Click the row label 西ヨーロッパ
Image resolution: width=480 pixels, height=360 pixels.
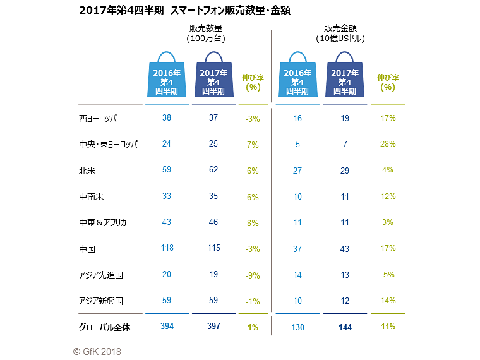pyautogui.click(x=98, y=118)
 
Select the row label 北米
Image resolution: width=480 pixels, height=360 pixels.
pyautogui.click(x=87, y=171)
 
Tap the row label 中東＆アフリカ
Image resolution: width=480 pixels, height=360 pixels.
pyautogui.click(x=103, y=222)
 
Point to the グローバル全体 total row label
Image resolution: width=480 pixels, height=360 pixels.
pyautogui.click(x=104, y=327)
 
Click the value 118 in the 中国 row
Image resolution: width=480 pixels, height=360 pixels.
pyautogui.click(x=167, y=248)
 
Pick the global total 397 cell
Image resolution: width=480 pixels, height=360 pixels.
pyautogui.click(x=214, y=327)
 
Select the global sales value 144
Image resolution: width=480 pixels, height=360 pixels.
pyautogui.click(x=344, y=327)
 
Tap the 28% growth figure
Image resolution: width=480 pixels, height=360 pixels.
pyautogui.click(x=388, y=144)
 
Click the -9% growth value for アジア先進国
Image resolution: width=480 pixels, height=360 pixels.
pyautogui.click(x=253, y=275)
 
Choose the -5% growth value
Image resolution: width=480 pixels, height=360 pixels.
pyautogui.click(x=388, y=275)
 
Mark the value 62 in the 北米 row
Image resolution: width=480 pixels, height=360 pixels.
pyautogui.click(x=214, y=170)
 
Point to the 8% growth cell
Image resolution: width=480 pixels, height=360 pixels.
pyautogui.click(x=253, y=223)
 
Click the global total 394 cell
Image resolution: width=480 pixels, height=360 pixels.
pyautogui.click(x=167, y=327)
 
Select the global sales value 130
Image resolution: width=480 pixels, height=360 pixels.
pyautogui.click(x=297, y=327)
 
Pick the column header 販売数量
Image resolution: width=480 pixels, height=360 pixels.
pyautogui.click(x=207, y=28)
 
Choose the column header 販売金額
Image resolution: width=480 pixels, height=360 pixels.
pyautogui.click(x=340, y=28)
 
